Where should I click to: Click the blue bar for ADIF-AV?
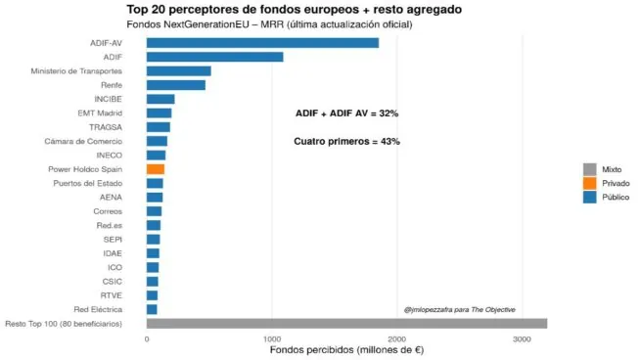point(261,42)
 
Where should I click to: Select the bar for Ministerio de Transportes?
point(178,70)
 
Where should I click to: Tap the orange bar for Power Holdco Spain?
point(155,169)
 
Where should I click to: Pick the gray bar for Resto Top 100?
point(345,324)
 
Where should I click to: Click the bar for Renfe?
point(175,85)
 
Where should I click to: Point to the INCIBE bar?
point(160,99)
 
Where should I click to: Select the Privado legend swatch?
point(589,183)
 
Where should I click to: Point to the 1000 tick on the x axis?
point(272,338)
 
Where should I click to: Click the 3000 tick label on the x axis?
point(523,338)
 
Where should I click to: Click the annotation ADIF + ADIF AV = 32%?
point(346,113)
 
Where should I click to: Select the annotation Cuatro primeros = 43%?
point(346,142)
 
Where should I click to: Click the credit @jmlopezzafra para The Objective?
point(459,309)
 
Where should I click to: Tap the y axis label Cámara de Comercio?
point(83,141)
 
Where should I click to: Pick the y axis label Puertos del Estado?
point(87,183)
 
